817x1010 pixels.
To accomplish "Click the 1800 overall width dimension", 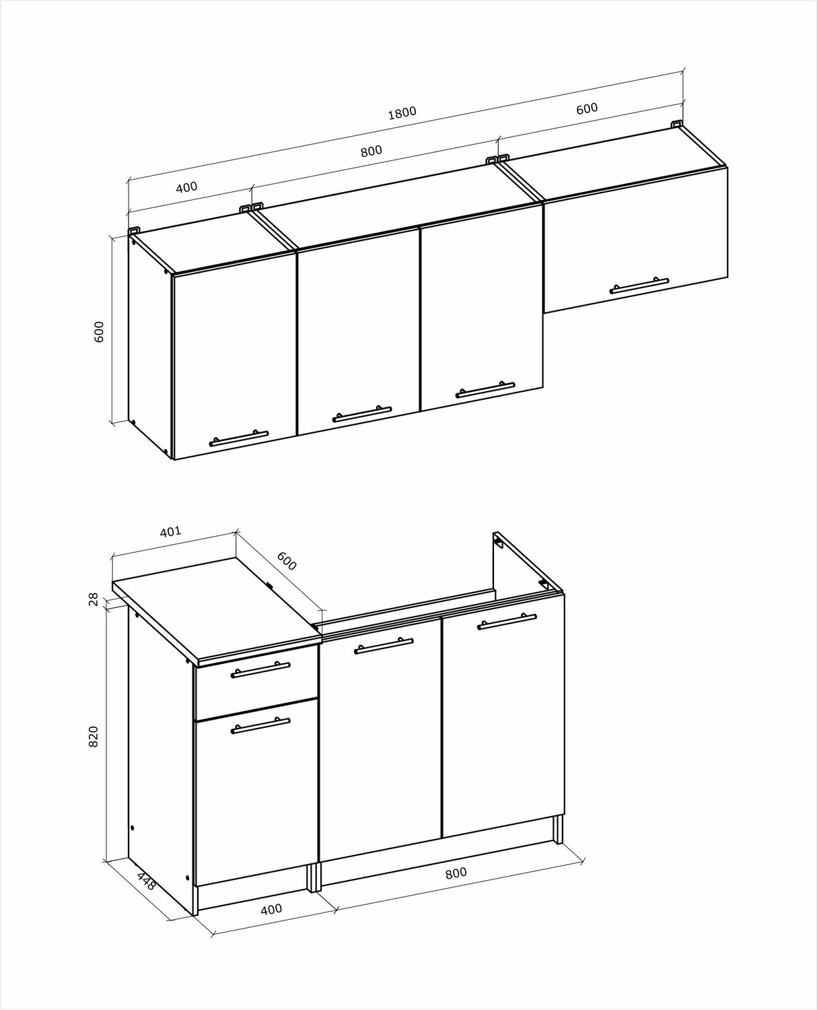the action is [x=402, y=113].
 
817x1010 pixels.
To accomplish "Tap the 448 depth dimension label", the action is [x=146, y=881].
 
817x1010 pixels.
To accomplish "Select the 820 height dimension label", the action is [x=94, y=749].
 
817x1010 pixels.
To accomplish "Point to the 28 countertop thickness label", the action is [x=94, y=599].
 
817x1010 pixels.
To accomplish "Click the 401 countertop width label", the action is [x=170, y=531].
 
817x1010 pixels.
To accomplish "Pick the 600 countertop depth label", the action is [x=287, y=561].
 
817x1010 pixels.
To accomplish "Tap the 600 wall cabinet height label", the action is [x=99, y=332].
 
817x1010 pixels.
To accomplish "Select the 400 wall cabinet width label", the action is [x=186, y=187].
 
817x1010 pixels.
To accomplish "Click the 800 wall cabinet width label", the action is [x=371, y=151].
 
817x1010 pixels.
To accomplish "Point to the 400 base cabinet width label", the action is [x=271, y=909].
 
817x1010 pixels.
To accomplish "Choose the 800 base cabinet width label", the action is [x=456, y=873].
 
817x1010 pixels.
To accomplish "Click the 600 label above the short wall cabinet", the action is [x=587, y=108].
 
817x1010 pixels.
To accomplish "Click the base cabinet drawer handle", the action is [x=260, y=671].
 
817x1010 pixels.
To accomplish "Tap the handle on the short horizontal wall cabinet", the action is [x=639, y=285].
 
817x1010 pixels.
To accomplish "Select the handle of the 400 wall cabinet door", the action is [x=239, y=438].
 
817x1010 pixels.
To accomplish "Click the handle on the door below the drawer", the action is [x=260, y=739].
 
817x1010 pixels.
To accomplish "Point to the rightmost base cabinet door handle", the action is [x=507, y=621].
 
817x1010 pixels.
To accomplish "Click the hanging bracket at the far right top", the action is [x=677, y=125].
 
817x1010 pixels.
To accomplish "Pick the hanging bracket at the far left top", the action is [x=135, y=230].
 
